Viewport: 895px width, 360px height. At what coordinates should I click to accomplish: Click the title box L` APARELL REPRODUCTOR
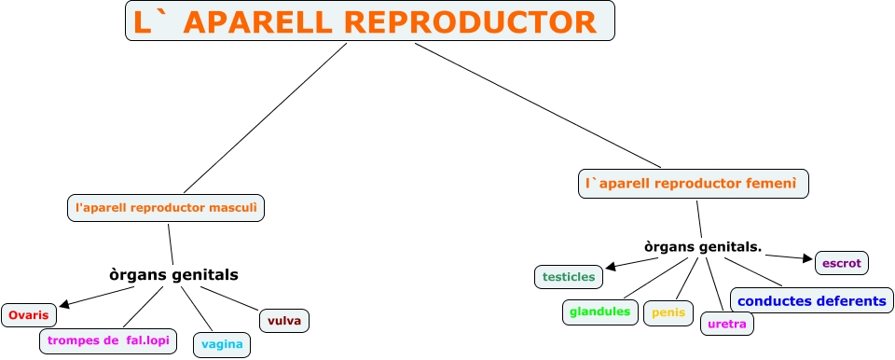pyautogui.click(x=370, y=21)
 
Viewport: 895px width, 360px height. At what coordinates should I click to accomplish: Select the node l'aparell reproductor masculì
pyautogui.click(x=166, y=208)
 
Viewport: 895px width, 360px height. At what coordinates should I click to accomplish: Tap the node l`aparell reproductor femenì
pyautogui.click(x=694, y=184)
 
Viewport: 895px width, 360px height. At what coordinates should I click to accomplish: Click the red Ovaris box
pyautogui.click(x=29, y=315)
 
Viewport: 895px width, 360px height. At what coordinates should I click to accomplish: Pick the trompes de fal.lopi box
pyautogui.click(x=108, y=341)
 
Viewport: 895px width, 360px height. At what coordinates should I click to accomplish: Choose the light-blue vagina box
pyautogui.click(x=222, y=344)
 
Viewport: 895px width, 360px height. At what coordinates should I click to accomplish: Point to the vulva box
pyautogui.click(x=284, y=321)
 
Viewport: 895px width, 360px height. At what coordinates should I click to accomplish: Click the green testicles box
pyautogui.click(x=569, y=277)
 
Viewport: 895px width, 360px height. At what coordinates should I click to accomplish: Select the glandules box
pyautogui.click(x=599, y=312)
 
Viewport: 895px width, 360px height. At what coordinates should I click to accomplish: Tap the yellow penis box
pyautogui.click(x=668, y=313)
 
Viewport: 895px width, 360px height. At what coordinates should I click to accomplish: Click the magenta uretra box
pyautogui.click(x=727, y=324)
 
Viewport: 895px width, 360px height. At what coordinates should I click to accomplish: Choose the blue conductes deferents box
pyautogui.click(x=812, y=300)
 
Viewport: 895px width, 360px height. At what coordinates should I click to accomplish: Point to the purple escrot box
pyautogui.click(x=842, y=263)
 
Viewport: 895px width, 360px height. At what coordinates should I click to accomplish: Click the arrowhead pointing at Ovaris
pyautogui.click(x=64, y=304)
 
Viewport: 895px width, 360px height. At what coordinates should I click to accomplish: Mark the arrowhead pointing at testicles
pyautogui.click(x=611, y=267)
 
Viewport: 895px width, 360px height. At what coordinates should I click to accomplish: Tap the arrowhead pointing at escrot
pyautogui.click(x=807, y=258)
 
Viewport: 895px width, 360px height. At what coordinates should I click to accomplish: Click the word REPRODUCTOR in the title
pyautogui.click(x=471, y=22)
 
